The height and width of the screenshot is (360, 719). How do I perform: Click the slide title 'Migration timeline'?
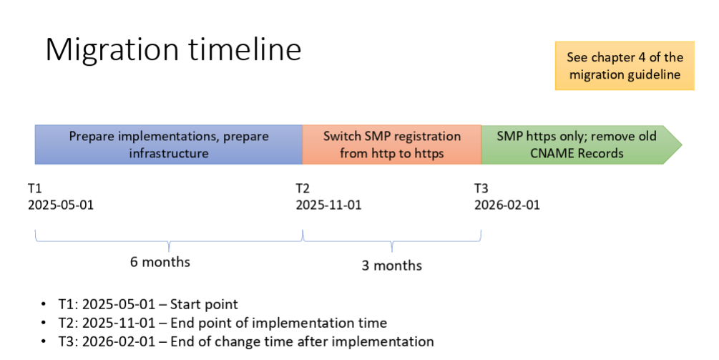(x=173, y=50)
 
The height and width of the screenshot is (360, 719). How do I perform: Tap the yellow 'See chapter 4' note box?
(x=624, y=66)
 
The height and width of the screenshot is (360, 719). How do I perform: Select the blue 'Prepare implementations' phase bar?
(x=169, y=145)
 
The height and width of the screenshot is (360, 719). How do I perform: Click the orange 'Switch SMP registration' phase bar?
(x=391, y=145)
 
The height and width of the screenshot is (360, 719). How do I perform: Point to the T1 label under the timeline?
(x=35, y=188)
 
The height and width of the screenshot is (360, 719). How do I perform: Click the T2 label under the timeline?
(x=303, y=188)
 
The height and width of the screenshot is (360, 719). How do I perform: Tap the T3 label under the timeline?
(x=481, y=188)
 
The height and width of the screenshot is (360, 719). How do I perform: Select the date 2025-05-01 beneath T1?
(x=61, y=205)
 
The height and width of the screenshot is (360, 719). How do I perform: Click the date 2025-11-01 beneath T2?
(x=328, y=205)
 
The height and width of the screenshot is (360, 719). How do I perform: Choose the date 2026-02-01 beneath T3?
(x=507, y=205)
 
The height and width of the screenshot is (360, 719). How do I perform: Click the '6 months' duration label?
(x=160, y=262)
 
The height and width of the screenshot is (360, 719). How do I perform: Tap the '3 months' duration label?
(x=391, y=266)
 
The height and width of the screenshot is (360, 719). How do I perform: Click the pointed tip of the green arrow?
(x=680, y=145)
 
